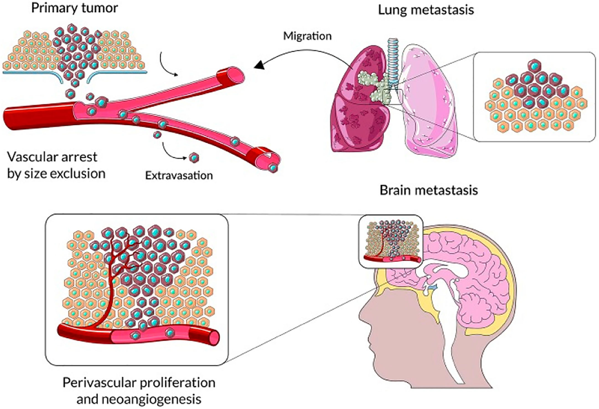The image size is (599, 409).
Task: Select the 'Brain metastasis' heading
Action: click(x=421, y=191)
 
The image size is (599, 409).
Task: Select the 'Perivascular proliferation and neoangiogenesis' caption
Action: click(x=139, y=391)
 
